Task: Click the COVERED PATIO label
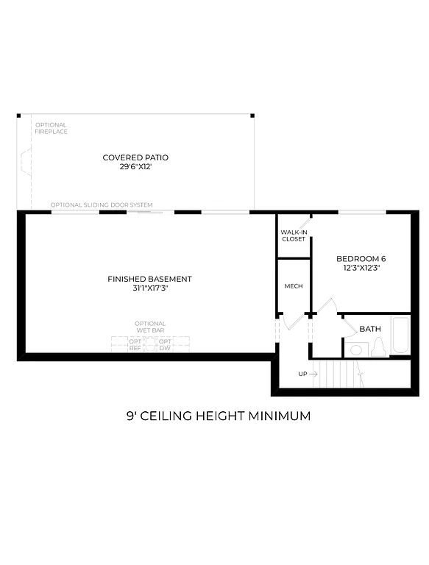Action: coord(135,157)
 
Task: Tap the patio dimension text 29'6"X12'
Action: coord(135,167)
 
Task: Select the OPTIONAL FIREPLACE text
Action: coord(51,128)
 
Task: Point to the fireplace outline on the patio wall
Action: coord(24,165)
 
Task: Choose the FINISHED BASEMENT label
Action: coord(149,279)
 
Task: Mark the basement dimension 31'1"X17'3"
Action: coord(149,288)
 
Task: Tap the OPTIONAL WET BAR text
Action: coord(150,327)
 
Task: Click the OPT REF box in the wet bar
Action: coord(135,345)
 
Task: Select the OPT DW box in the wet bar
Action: coord(166,345)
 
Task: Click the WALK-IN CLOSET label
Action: coord(293,235)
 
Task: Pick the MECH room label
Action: coord(294,286)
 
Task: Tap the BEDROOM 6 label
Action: coord(361,258)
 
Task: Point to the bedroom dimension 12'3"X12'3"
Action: coord(361,268)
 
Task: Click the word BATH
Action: coord(370,328)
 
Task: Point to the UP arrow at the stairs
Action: coord(312,374)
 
